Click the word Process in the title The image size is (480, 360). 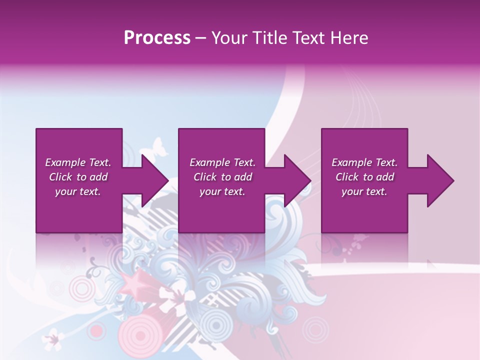[157, 37]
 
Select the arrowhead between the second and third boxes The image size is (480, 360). [296, 180]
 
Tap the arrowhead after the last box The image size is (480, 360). [439, 180]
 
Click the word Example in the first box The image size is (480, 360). [65, 162]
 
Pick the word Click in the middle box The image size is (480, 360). [204, 177]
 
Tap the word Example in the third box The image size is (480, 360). [351, 162]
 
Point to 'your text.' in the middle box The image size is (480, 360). [222, 191]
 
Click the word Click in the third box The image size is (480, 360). [346, 177]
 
